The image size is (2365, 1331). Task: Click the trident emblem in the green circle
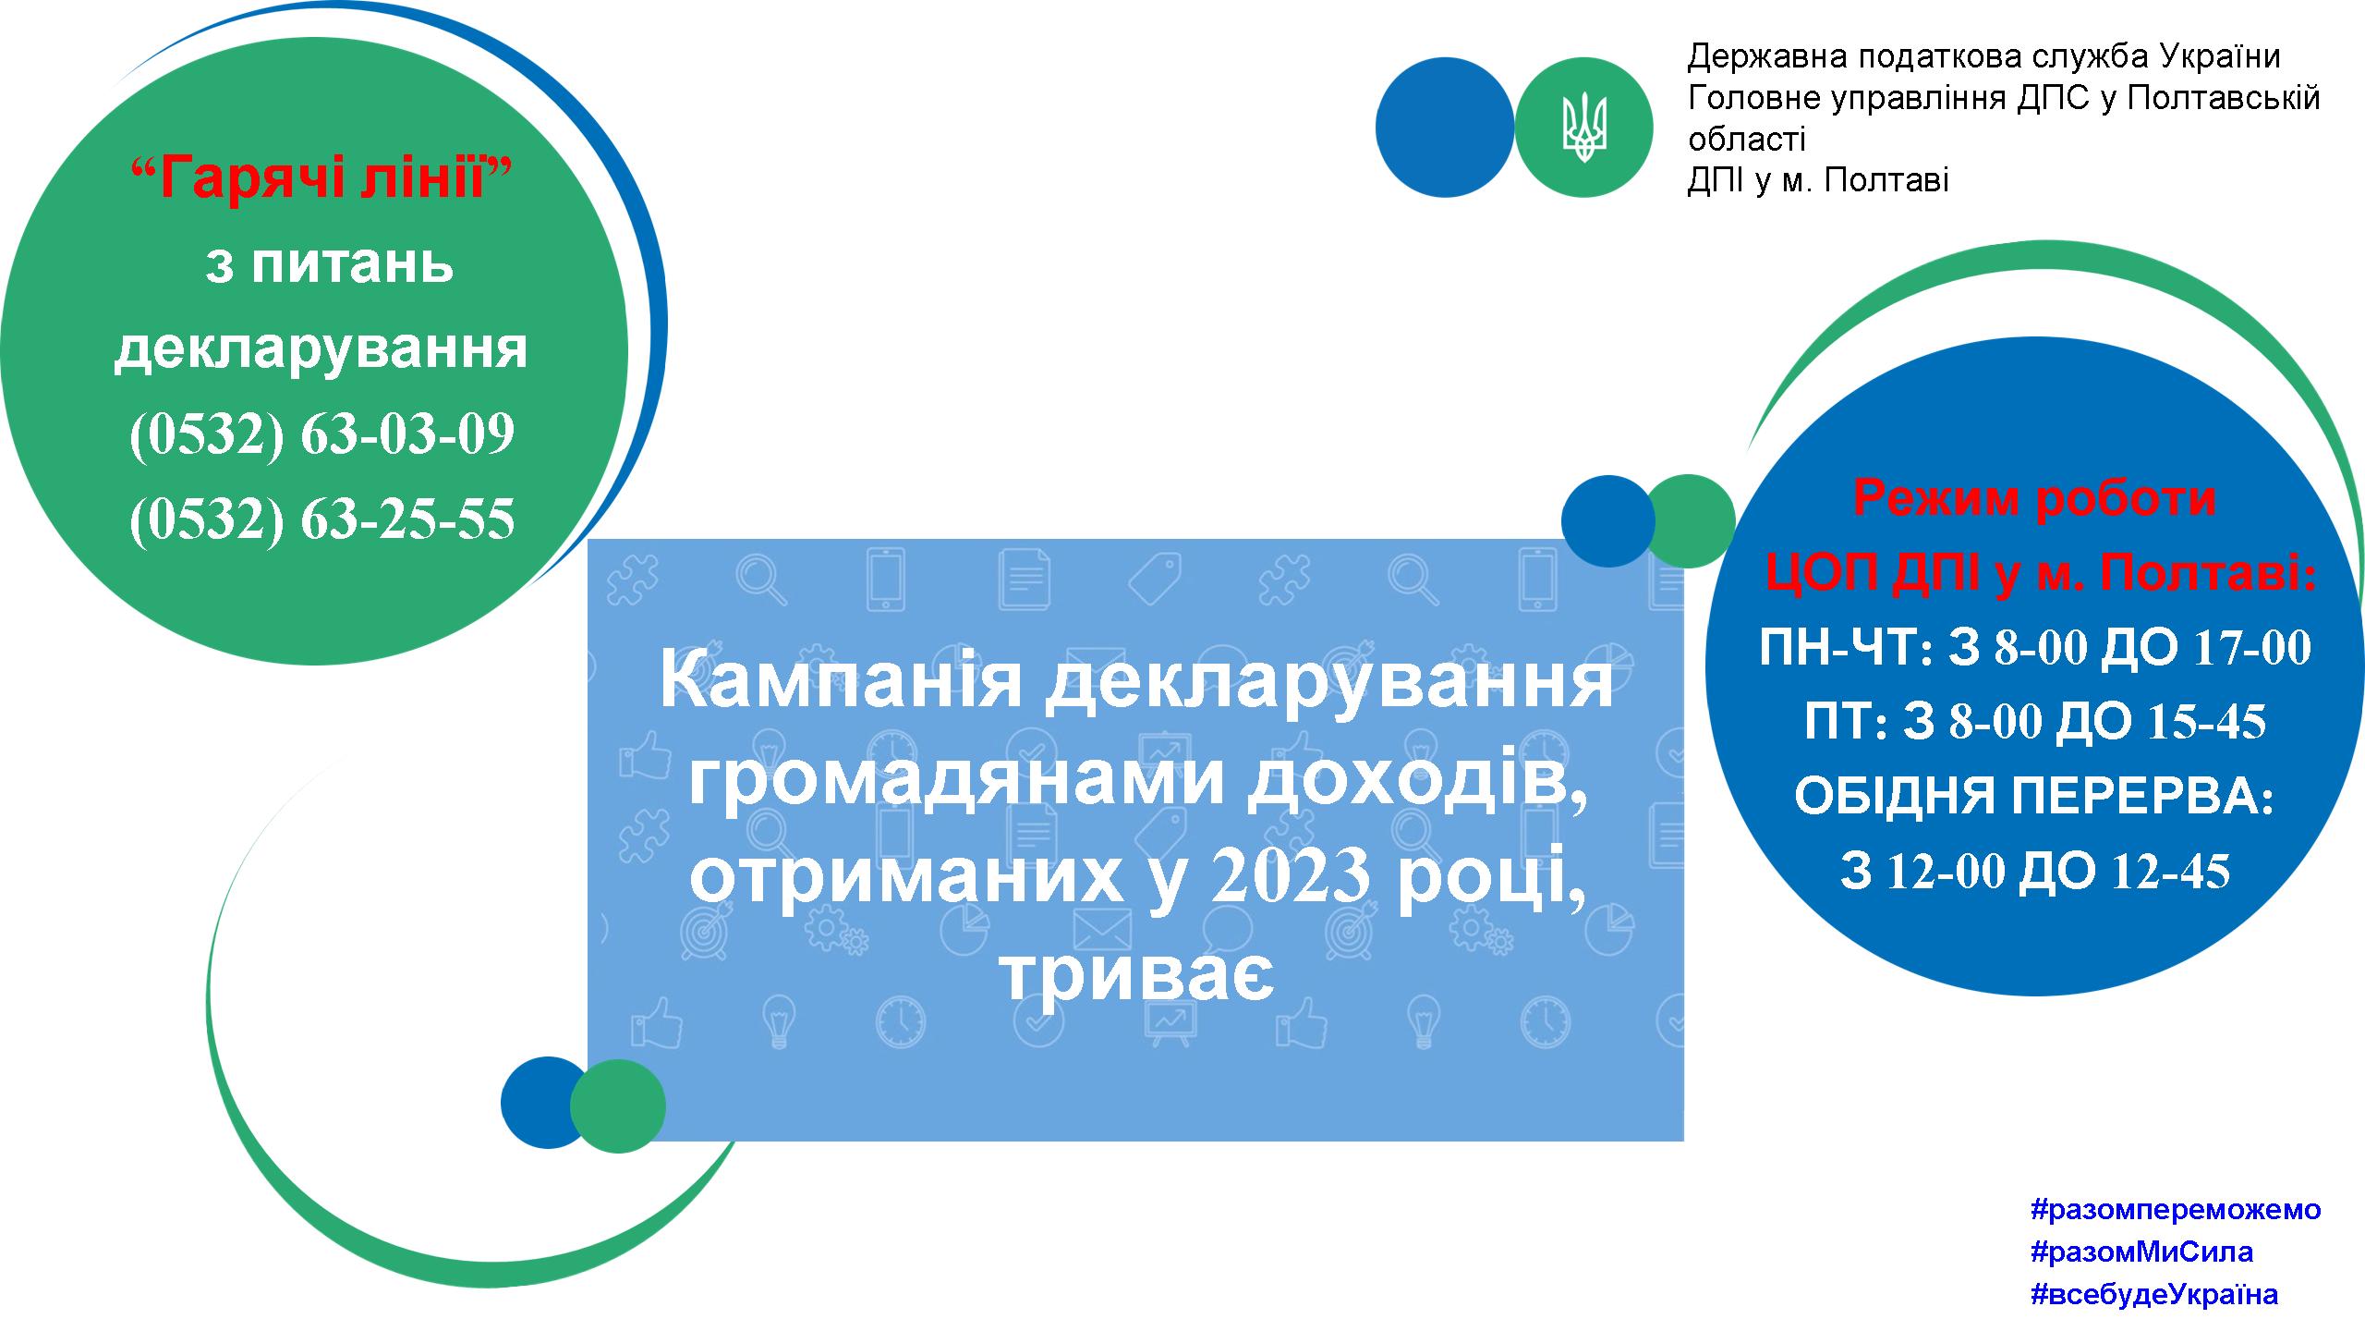point(1584,128)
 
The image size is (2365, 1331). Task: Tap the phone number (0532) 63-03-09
point(321,433)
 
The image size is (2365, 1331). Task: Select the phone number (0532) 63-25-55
point(321,519)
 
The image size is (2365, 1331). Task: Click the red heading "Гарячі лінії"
point(322,177)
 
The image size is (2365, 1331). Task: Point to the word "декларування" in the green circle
point(321,350)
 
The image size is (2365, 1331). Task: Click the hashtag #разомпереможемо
point(2176,1209)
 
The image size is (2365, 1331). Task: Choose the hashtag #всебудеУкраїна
point(2154,1294)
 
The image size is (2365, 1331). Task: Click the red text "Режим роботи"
point(2035,498)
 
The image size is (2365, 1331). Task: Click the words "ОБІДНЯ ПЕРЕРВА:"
point(2035,797)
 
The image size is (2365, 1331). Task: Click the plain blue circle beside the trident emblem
point(1445,128)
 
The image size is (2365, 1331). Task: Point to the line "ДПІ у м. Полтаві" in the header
point(1818,180)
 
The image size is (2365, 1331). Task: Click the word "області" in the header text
point(1747,140)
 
